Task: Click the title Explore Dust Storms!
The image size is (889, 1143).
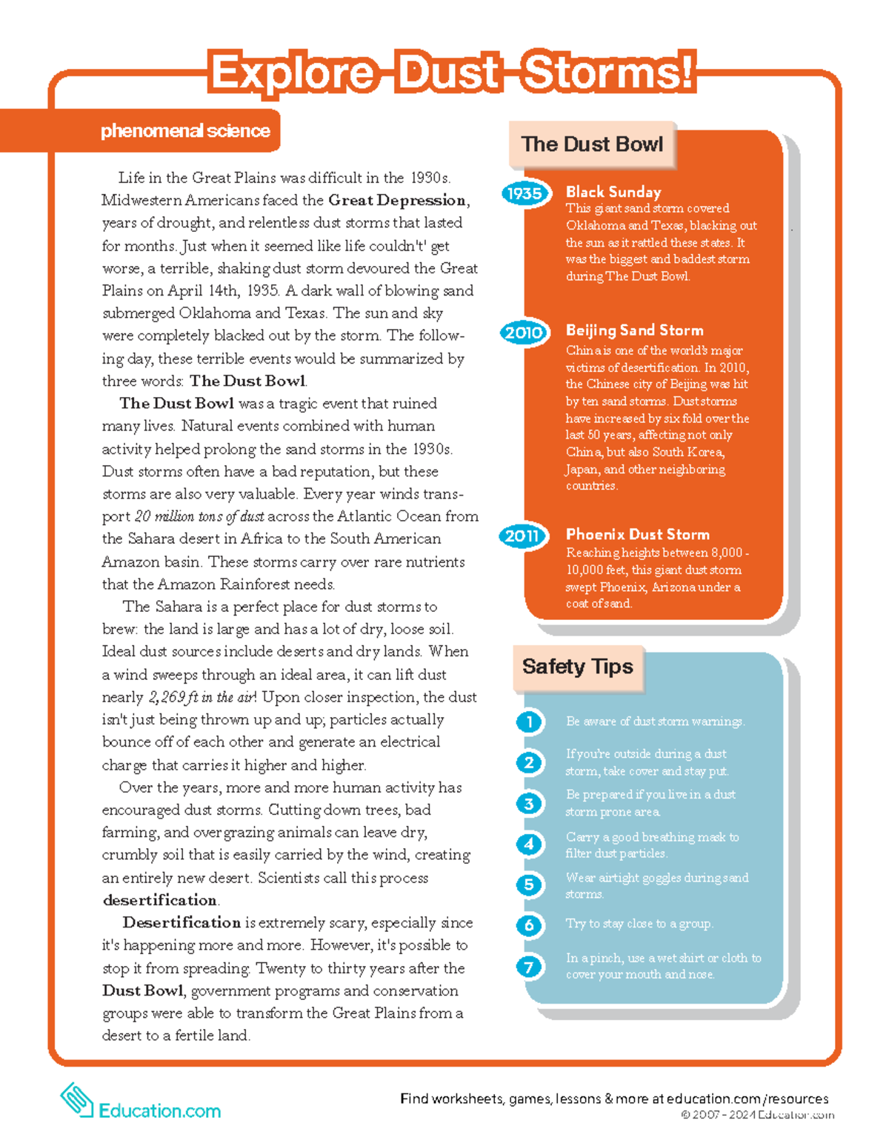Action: click(x=452, y=73)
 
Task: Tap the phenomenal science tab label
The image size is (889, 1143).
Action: click(x=185, y=131)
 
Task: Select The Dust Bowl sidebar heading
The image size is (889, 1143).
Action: click(x=592, y=144)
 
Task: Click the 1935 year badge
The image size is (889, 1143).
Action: click(x=525, y=193)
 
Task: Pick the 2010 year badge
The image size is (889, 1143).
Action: click(x=524, y=332)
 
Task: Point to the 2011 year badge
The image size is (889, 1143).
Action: click(x=522, y=536)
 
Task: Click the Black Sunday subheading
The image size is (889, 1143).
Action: click(x=613, y=192)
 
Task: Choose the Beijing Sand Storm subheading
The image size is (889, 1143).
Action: click(x=634, y=330)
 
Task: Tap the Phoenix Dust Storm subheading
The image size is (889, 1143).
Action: click(x=637, y=534)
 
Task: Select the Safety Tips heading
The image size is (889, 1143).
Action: click(x=577, y=667)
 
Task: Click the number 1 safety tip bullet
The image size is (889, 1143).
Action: click(x=529, y=722)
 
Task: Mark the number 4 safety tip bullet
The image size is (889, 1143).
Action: click(x=529, y=844)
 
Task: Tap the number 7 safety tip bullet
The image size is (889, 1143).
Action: click(x=529, y=966)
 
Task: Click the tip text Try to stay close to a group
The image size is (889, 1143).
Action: click(x=639, y=924)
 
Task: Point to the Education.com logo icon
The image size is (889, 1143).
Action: click(x=76, y=1099)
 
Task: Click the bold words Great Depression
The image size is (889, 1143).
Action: click(x=397, y=200)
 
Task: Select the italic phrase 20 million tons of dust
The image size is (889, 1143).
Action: click(x=199, y=516)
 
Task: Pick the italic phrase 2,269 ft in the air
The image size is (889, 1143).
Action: click(x=202, y=697)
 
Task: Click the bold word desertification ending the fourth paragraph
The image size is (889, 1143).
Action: click(x=160, y=900)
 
